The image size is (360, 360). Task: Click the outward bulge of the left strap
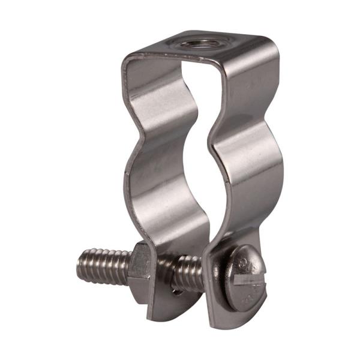pyautogui.click(x=147, y=174)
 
